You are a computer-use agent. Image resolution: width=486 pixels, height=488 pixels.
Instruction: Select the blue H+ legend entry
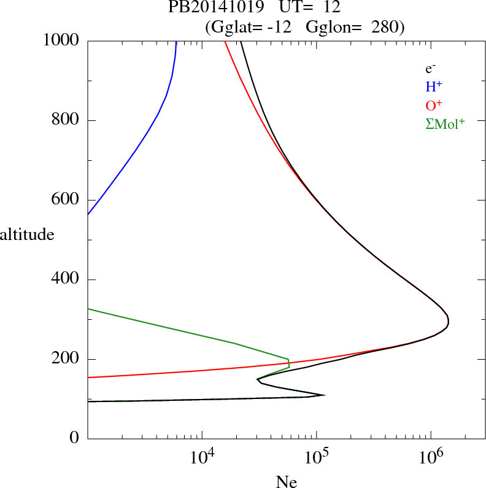point(434,87)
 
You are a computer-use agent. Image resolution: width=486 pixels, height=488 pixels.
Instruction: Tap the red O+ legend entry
point(434,106)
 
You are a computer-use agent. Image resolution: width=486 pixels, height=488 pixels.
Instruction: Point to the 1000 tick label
point(61,41)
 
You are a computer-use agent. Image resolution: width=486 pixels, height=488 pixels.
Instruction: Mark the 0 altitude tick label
point(75,438)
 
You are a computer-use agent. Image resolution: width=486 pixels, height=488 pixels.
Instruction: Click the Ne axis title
point(287,481)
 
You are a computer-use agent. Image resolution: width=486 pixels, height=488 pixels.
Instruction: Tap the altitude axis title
point(27,234)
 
